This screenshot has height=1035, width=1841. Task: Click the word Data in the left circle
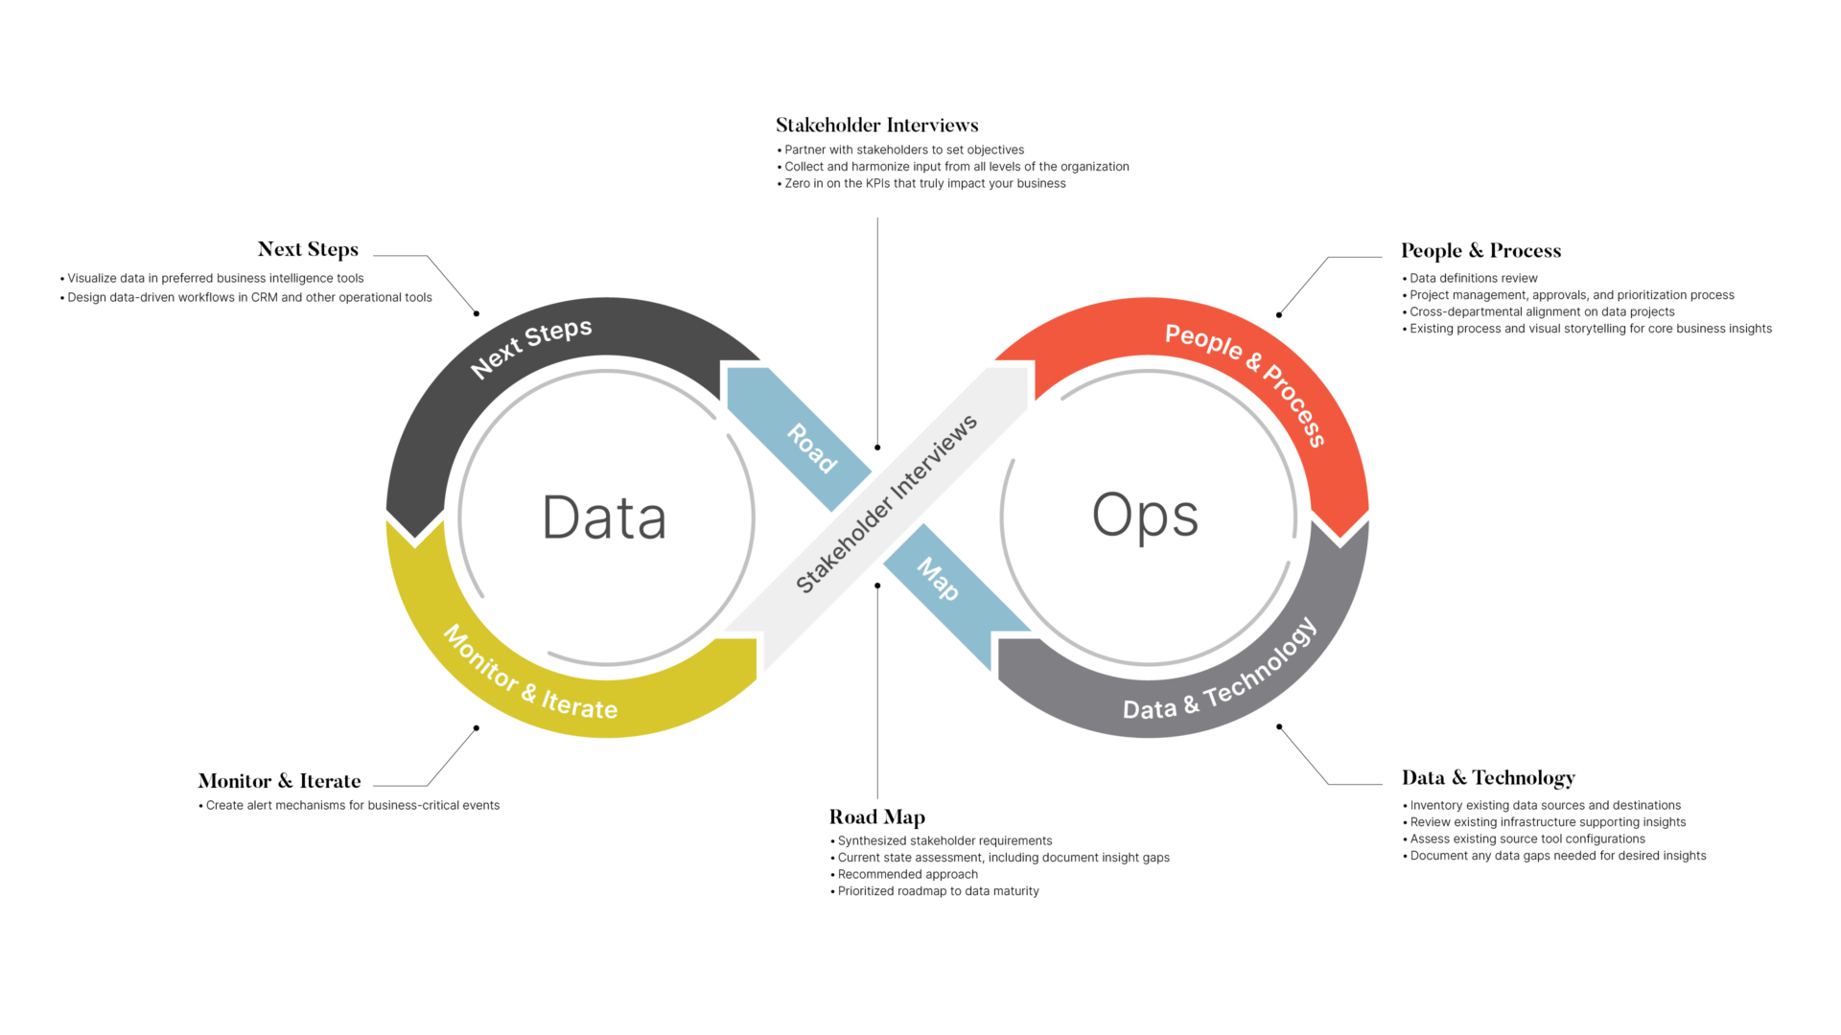coord(604,517)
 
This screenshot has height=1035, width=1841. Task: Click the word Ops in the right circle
coord(1145,516)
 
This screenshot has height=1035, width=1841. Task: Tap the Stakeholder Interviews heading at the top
coord(876,126)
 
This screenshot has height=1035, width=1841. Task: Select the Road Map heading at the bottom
coord(876,817)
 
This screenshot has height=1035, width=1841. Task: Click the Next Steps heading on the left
coord(308,249)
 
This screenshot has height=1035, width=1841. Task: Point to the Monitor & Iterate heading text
coord(279,781)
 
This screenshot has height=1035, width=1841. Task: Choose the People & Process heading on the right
coord(1480,251)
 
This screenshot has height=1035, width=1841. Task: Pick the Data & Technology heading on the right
coord(1488,778)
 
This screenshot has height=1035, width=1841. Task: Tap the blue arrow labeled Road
coord(810,447)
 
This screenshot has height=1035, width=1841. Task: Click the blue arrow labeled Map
coord(938,579)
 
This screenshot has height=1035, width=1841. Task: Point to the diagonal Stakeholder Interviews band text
coord(886,504)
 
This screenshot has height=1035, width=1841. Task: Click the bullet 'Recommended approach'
coord(907,875)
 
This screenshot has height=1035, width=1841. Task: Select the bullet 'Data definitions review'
coord(1473,279)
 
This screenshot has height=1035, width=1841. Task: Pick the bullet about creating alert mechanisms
coord(352,806)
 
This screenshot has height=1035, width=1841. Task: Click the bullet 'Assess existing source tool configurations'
coord(1526,839)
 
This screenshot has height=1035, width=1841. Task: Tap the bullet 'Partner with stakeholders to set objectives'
coord(903,150)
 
